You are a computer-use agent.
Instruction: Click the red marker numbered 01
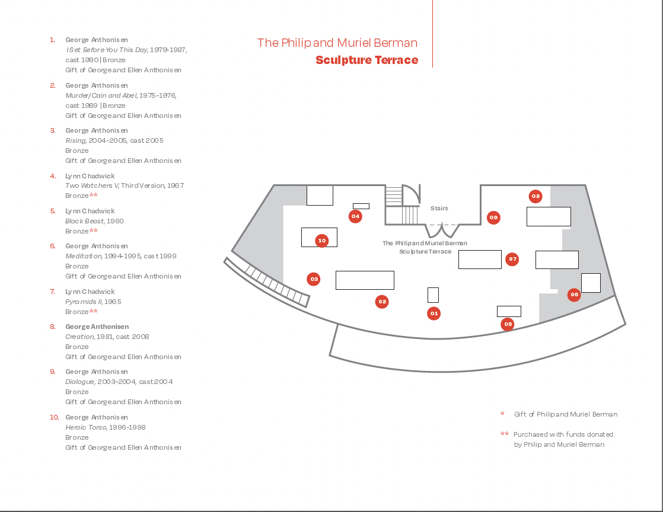tap(434, 313)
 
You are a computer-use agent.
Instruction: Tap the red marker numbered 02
tap(383, 302)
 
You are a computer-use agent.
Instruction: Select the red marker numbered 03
tap(314, 279)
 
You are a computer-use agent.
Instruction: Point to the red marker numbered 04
tap(355, 216)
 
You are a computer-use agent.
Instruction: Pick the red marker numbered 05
tap(508, 324)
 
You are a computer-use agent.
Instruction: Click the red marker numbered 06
tap(574, 295)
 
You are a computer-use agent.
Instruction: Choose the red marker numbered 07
tap(512, 259)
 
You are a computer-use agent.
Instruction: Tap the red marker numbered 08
tap(535, 196)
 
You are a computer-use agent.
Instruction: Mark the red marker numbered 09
tap(493, 217)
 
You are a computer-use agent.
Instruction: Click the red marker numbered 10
tap(322, 241)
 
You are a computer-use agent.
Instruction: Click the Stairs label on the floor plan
tap(439, 209)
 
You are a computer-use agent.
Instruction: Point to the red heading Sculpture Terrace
tap(366, 60)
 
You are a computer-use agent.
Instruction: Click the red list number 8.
tap(52, 327)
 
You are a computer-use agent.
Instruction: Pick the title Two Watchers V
tap(92, 185)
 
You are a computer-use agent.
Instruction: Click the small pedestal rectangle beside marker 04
tap(361, 206)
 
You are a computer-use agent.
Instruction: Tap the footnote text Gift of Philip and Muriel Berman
tap(565, 414)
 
